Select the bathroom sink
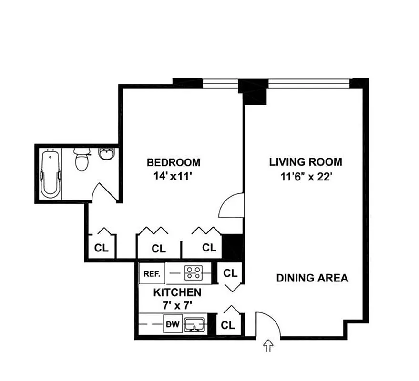pos(106,154)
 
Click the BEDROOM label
pos(174,162)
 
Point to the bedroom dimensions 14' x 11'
pos(172,176)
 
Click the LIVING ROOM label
pos(306,162)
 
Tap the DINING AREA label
pos(312,278)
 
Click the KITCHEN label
pos(177,292)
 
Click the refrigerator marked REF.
pos(152,274)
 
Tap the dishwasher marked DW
pos(173,325)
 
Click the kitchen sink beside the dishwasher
pos(195,325)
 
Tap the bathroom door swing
pos(103,193)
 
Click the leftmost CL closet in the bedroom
pos(102,248)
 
